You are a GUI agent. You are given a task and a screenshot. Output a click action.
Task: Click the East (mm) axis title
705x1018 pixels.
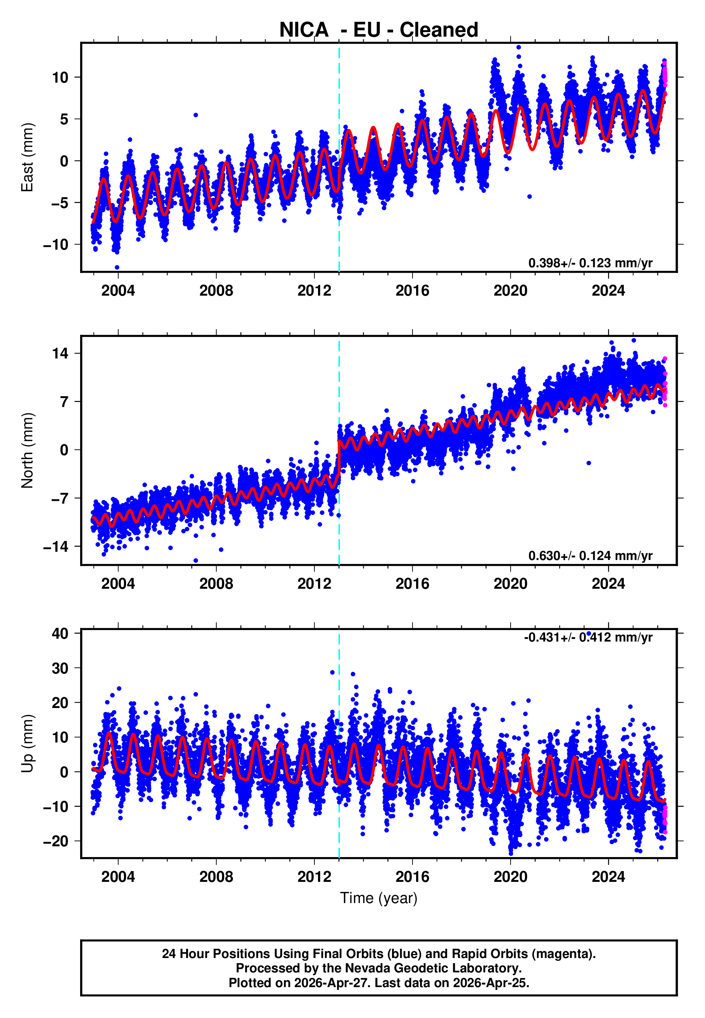(x=27, y=157)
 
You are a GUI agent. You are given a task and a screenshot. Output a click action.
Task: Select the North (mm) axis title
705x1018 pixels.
(x=27, y=450)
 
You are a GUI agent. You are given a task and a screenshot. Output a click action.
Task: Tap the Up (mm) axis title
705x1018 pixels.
(x=27, y=744)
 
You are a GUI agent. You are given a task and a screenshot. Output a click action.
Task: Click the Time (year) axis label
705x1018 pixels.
(x=379, y=898)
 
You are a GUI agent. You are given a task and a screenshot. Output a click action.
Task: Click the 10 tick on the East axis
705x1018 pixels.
(x=60, y=78)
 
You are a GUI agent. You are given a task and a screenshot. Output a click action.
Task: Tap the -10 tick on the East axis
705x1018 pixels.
(x=56, y=245)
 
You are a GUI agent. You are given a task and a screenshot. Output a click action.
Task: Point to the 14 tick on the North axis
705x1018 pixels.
(x=60, y=353)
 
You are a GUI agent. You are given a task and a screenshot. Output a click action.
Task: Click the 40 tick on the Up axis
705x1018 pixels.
(x=60, y=634)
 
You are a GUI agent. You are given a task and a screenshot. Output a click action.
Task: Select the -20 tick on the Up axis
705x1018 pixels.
(x=56, y=841)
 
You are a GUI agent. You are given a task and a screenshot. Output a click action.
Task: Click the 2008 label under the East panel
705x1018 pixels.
(x=216, y=291)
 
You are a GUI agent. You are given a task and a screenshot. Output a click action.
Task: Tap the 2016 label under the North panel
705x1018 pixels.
(x=412, y=584)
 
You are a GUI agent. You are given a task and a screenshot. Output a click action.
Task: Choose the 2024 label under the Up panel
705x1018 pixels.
(x=608, y=877)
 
